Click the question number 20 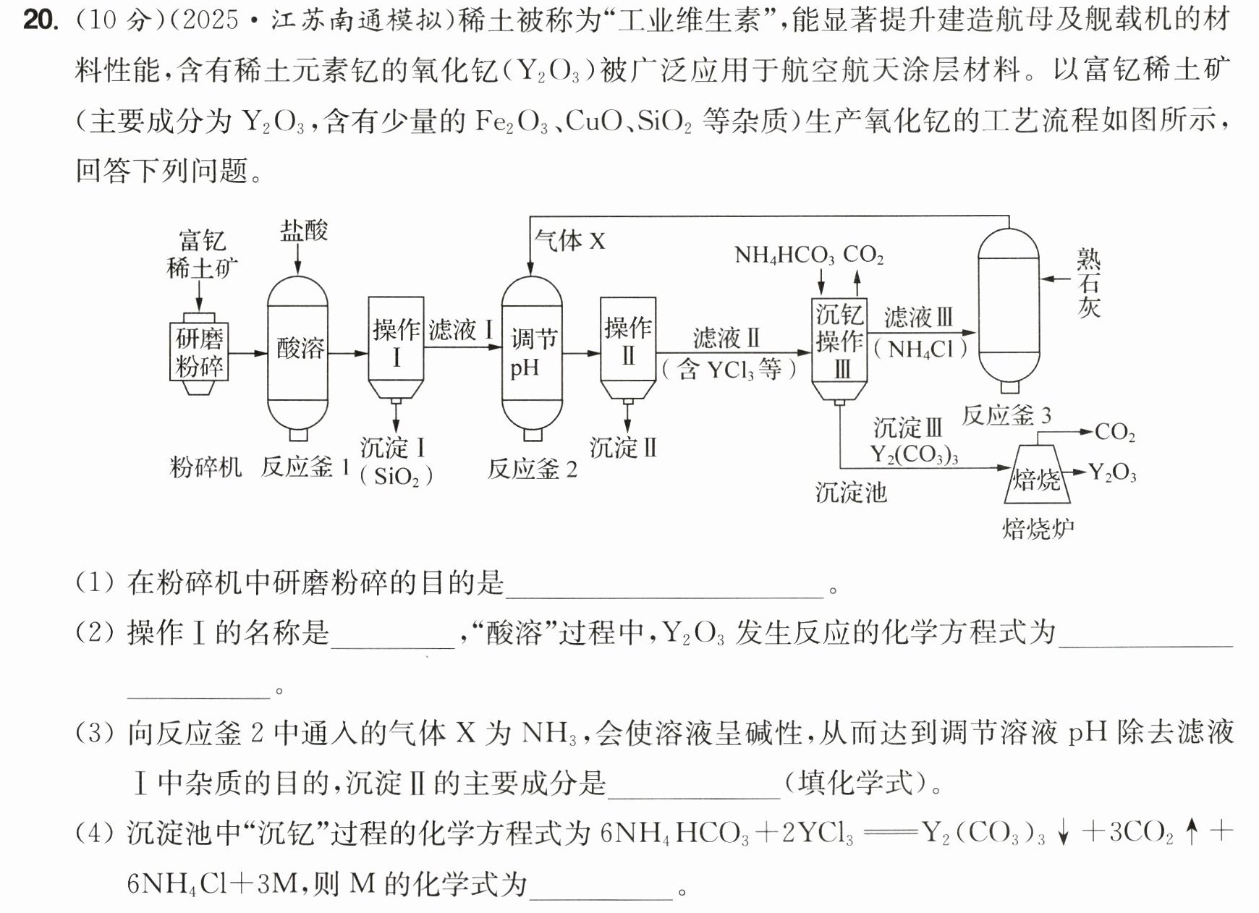click(x=40, y=20)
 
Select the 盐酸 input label click(x=304, y=231)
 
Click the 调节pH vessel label click(x=533, y=353)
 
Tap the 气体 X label click(x=569, y=240)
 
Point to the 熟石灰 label click(x=1089, y=283)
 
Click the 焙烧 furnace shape click(x=1036, y=473)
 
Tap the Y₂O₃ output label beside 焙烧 click(x=1112, y=473)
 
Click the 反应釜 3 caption click(x=1006, y=415)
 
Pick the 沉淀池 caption click(x=851, y=493)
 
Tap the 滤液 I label click(x=461, y=331)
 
